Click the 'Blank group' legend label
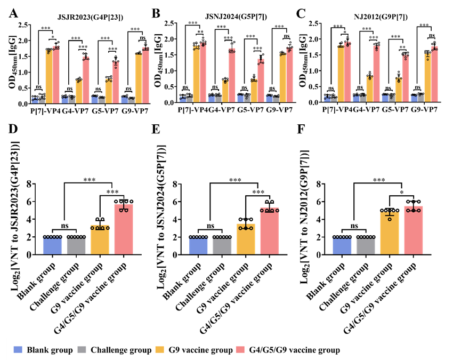pyautogui.click(x=50, y=350)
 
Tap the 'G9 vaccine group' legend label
pyautogui.click(x=200, y=350)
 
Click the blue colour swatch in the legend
pyautogui.click(x=18, y=350)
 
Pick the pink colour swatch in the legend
pyautogui.click(x=240, y=350)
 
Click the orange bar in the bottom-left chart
pyautogui.click(x=100, y=239)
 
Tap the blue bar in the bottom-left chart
pyautogui.click(x=52, y=246)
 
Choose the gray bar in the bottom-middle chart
pyautogui.click(x=222, y=246)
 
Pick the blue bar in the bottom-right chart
pyautogui.click(x=342, y=246)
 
